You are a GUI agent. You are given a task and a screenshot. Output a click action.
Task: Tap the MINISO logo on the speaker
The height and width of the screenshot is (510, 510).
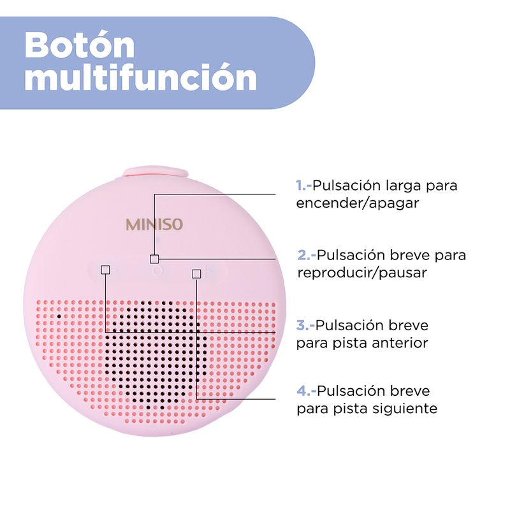point(154,224)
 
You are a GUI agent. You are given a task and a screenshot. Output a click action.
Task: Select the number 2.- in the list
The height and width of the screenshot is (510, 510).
point(307,255)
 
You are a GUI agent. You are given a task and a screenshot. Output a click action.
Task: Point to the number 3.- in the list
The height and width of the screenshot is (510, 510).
point(306,325)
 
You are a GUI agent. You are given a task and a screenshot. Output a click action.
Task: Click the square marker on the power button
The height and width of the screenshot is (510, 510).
point(154,259)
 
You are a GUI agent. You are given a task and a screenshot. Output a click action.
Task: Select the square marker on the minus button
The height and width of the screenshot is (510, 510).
point(105,270)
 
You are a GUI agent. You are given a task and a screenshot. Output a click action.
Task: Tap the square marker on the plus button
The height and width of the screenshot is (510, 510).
point(196,273)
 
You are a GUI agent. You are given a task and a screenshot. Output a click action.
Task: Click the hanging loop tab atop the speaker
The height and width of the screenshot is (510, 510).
point(156,171)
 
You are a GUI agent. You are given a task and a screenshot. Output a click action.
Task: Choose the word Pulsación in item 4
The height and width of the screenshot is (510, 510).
point(350,391)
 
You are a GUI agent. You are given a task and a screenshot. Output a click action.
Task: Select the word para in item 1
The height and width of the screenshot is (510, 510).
point(444,186)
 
